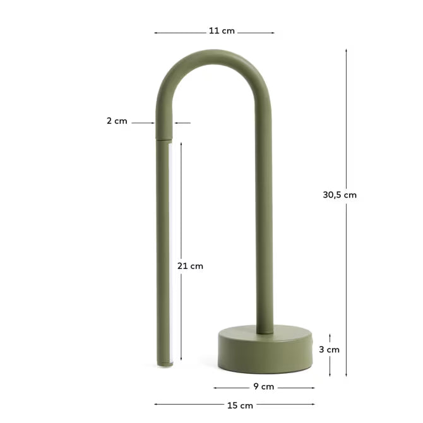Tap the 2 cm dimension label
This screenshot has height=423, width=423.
[x=117, y=121]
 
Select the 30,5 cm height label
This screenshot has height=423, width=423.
[x=340, y=195]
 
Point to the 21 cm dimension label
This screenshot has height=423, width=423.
[x=190, y=266]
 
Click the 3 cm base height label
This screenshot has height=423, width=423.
[x=329, y=349]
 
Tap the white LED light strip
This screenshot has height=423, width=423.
[x=170, y=253]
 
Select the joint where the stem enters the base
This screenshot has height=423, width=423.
[x=265, y=331]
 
